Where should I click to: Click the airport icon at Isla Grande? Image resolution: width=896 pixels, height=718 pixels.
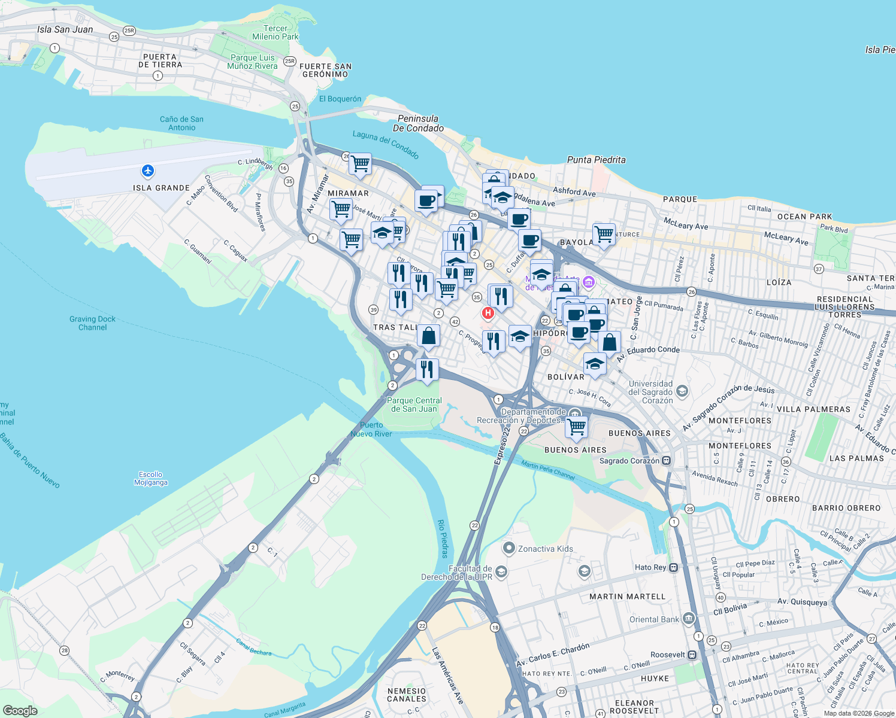148,172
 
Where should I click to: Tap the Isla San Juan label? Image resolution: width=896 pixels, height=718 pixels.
65,29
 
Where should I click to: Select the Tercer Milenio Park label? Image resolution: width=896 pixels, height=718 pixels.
276,32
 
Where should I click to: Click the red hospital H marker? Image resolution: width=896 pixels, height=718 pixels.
488,313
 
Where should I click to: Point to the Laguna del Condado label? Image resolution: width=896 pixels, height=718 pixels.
385,144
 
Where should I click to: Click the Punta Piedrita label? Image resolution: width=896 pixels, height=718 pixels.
596,160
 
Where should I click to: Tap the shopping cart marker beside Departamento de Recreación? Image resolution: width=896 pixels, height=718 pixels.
576,427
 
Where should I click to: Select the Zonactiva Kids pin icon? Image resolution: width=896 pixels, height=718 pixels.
508,548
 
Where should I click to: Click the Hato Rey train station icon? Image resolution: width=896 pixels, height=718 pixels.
673,567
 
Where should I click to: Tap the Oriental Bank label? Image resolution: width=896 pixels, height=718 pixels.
654,619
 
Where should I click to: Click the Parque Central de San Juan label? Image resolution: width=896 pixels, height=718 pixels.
414,404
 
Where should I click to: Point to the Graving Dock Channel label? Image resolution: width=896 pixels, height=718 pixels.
92,323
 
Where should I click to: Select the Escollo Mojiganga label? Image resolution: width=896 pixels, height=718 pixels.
151,478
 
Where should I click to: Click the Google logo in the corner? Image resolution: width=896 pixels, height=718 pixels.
20,710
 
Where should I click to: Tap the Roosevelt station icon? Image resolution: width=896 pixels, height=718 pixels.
692,655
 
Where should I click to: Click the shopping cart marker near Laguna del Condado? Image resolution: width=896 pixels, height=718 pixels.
360,163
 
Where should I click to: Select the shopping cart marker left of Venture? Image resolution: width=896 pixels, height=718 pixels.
604,234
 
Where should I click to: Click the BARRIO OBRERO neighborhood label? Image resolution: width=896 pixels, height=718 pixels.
846,508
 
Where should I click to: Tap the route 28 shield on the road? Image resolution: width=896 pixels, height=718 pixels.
64,650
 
